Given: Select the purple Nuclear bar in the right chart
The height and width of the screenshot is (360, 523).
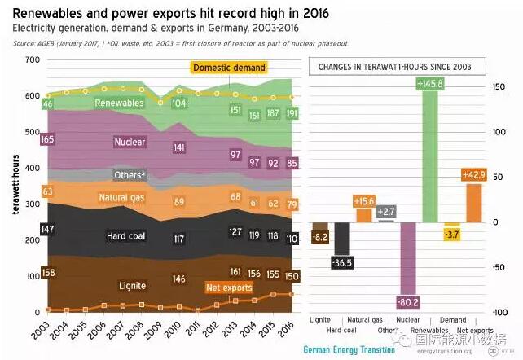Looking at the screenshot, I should tap(407, 261).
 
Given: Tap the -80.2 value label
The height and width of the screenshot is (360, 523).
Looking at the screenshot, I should tap(407, 302).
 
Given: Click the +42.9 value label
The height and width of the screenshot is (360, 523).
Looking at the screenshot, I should tap(474, 175).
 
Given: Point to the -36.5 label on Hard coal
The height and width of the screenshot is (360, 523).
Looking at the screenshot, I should tap(341, 262).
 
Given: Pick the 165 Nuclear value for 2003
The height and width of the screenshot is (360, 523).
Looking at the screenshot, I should tap(47, 140).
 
